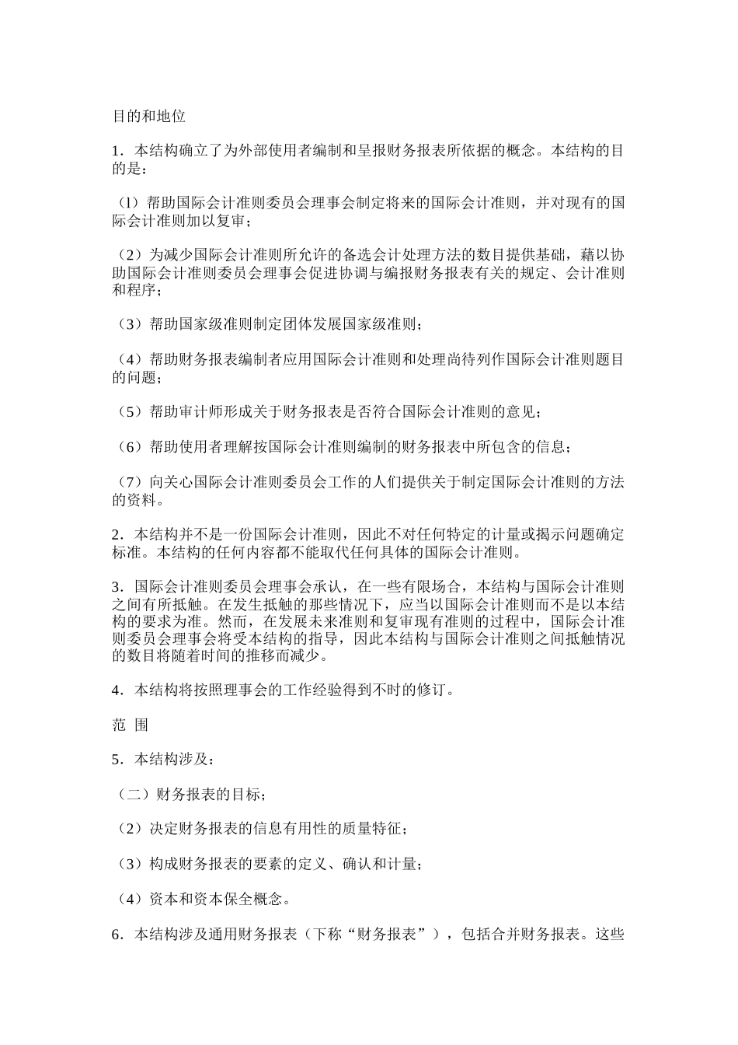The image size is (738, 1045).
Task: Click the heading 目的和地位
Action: click(148, 117)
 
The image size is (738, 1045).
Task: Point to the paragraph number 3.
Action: click(116, 586)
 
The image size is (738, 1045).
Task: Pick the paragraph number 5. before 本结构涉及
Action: click(116, 760)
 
